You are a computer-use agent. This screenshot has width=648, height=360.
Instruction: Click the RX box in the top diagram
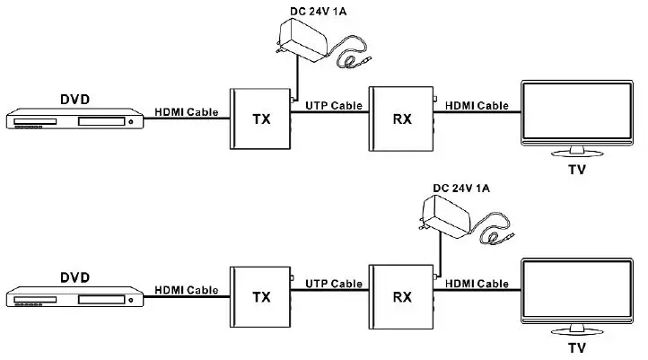(400, 119)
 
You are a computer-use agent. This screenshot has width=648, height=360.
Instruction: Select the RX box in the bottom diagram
(400, 297)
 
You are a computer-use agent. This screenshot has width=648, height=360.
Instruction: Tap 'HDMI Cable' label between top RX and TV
(476, 106)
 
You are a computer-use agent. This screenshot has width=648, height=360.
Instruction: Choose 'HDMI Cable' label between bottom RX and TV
(476, 285)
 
